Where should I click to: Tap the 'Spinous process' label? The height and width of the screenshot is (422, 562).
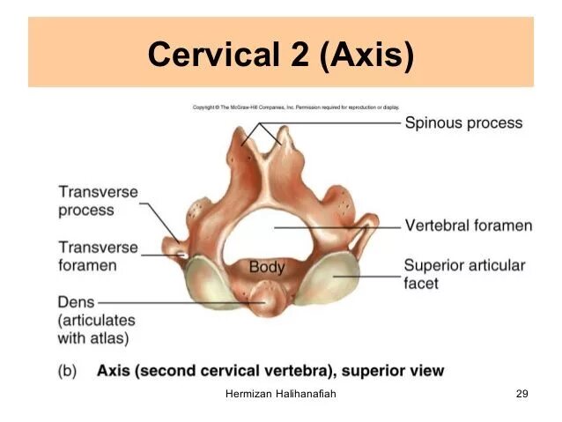point(463,123)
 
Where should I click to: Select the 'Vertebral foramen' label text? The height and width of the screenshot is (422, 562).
point(469,226)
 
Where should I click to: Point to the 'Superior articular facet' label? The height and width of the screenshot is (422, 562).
point(464,274)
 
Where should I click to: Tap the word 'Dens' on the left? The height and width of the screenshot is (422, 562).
point(76,303)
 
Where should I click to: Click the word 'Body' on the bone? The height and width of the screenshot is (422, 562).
point(267,267)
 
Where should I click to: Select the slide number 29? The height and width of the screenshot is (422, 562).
point(521,394)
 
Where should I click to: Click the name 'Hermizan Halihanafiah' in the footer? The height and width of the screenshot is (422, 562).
point(281,394)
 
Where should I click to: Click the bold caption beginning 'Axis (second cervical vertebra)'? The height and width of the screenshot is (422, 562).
point(270,371)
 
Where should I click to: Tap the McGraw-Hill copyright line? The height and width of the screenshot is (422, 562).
point(296,107)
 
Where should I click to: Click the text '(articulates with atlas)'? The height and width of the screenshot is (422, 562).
point(93,329)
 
